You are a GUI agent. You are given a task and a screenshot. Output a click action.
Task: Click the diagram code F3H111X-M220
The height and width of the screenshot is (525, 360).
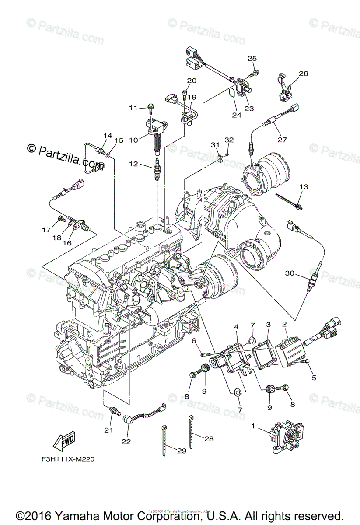pyautogui.click(x=66, y=459)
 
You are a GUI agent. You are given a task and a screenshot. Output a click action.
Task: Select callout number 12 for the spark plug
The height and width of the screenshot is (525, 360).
pyautogui.click(x=133, y=164)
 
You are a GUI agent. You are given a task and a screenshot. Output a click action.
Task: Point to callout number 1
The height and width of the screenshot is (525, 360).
pyautogui.click(x=253, y=425)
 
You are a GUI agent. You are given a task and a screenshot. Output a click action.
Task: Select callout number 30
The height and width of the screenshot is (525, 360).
pyautogui.click(x=289, y=273)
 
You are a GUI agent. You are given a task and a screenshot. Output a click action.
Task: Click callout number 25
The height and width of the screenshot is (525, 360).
pyautogui.click(x=252, y=59)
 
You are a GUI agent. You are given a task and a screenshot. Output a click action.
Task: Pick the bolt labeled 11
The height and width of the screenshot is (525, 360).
pyautogui.click(x=151, y=106)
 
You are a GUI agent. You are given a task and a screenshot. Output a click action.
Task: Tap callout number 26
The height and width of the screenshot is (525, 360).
pyautogui.click(x=304, y=73)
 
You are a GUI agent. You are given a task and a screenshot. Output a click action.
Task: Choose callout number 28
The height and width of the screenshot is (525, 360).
pyautogui.click(x=209, y=438)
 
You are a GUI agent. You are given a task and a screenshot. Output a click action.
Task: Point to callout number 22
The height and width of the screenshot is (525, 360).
pyautogui.click(x=126, y=442)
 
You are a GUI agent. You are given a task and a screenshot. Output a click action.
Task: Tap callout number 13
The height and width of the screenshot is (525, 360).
pyautogui.click(x=304, y=187)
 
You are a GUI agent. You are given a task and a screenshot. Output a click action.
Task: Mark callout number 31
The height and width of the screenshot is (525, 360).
pyautogui.click(x=215, y=145)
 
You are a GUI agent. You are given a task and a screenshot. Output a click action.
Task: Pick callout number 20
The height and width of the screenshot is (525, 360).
pyautogui.click(x=192, y=80)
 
